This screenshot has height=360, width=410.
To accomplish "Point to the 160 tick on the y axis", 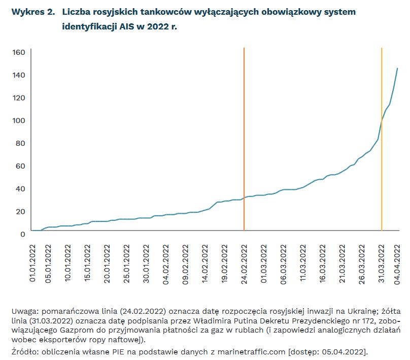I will tap(19, 52).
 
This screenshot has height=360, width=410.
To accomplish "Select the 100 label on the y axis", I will tap(19, 120).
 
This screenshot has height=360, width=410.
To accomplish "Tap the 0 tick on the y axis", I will tap(23, 234).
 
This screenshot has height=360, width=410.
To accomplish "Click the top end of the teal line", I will tap(397, 68).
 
